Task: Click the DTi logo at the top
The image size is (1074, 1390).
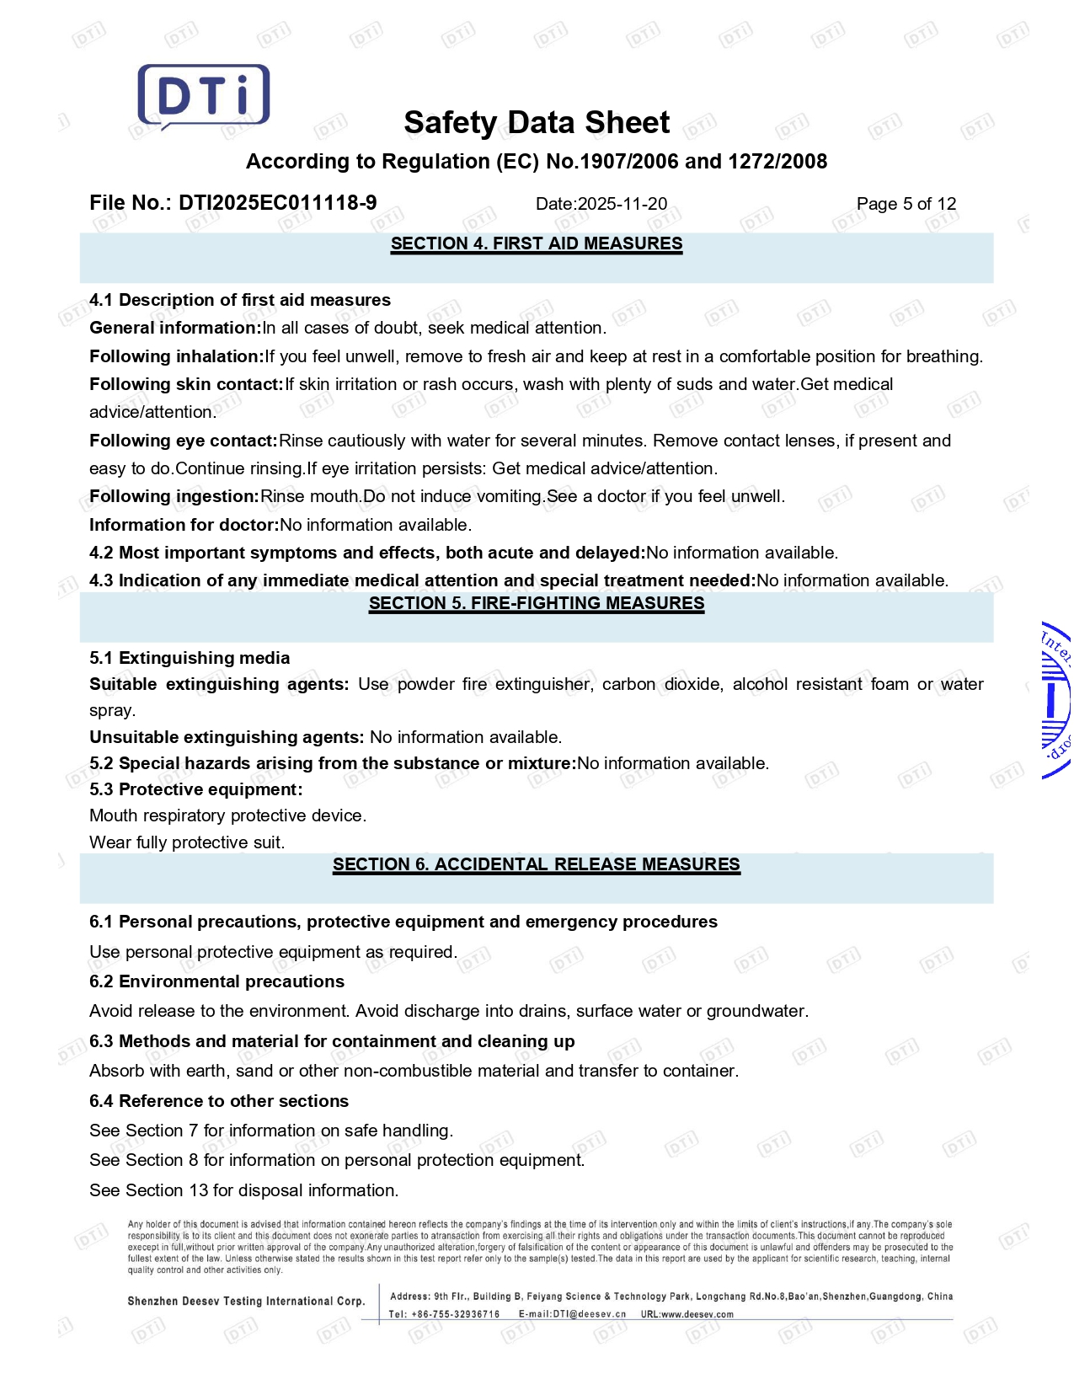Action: click(203, 96)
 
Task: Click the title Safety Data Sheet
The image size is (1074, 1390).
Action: click(537, 123)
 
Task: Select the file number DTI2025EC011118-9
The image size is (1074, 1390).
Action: click(277, 203)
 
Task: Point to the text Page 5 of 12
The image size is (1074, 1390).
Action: click(906, 204)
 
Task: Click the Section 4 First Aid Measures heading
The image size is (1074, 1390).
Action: click(537, 244)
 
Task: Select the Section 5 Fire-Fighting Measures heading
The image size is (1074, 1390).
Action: click(537, 604)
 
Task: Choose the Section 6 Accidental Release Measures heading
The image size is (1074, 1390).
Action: click(537, 865)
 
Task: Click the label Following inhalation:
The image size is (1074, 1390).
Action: click(177, 356)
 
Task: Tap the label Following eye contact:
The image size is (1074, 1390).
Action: click(184, 441)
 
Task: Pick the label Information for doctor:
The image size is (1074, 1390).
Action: click(184, 525)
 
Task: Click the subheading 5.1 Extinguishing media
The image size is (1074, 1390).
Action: click(190, 658)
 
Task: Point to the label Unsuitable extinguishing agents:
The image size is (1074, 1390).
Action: click(227, 737)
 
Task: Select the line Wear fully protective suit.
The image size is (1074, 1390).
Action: click(187, 842)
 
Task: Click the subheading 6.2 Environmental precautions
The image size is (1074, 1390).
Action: click(216, 981)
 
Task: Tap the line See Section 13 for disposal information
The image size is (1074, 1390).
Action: click(244, 1190)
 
